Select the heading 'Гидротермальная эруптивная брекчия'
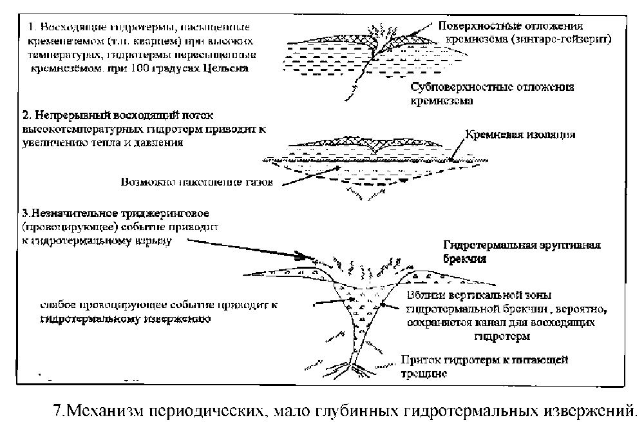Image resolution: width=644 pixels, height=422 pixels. pos(522,251)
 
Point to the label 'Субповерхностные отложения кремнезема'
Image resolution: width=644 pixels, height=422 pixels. pos(492,93)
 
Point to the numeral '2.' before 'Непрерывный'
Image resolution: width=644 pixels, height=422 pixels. pos(27,117)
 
